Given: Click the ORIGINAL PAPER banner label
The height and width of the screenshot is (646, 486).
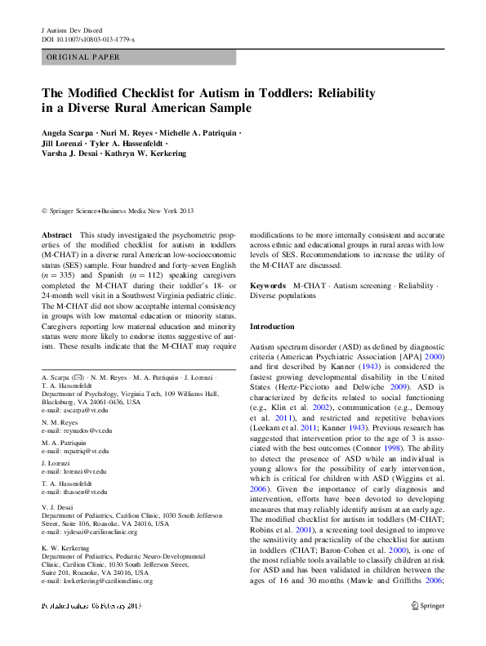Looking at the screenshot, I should (83, 57).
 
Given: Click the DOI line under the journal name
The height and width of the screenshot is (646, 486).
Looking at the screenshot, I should (88, 39).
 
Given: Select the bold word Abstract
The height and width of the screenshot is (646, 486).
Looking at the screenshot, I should (56, 234).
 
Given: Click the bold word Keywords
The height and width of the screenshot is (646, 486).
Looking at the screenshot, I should (268, 286).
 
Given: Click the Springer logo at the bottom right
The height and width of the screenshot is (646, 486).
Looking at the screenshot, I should (426, 607).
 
